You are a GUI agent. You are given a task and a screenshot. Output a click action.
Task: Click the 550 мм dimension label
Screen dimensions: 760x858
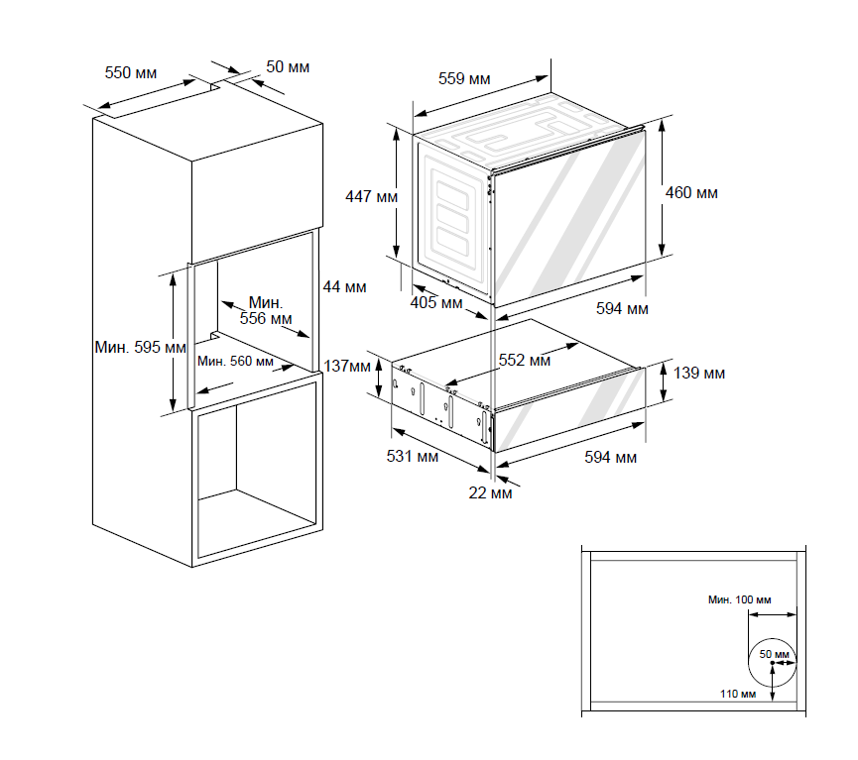coord(131,72)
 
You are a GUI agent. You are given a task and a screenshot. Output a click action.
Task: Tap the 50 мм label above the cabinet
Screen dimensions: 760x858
coord(288,66)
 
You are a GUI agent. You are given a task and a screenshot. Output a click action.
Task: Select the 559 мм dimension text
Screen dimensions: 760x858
coord(465,78)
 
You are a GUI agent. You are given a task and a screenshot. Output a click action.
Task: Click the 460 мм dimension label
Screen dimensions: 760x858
coord(691,192)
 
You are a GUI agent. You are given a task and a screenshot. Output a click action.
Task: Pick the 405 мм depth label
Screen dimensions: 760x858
coord(436,303)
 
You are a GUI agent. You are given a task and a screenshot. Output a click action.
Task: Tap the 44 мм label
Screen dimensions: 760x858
coord(344,287)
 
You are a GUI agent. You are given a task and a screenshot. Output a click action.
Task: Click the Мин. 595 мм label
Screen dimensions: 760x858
coord(140,348)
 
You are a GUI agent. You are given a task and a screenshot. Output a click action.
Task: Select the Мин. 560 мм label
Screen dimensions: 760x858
coord(235,362)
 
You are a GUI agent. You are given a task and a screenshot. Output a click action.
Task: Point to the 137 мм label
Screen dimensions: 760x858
coord(346,367)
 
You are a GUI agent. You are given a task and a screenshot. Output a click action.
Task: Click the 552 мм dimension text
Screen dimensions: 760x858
coord(524,361)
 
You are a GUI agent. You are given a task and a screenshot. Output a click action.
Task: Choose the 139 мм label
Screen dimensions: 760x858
coord(699,374)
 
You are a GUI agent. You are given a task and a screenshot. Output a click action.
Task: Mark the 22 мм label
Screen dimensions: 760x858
coord(493,491)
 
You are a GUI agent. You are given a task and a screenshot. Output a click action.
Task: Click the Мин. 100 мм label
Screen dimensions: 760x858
coord(738,600)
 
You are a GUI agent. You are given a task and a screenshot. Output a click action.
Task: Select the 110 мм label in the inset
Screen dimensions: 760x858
coord(738,694)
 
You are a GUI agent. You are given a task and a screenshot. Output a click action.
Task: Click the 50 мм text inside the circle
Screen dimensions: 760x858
coord(775,655)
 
